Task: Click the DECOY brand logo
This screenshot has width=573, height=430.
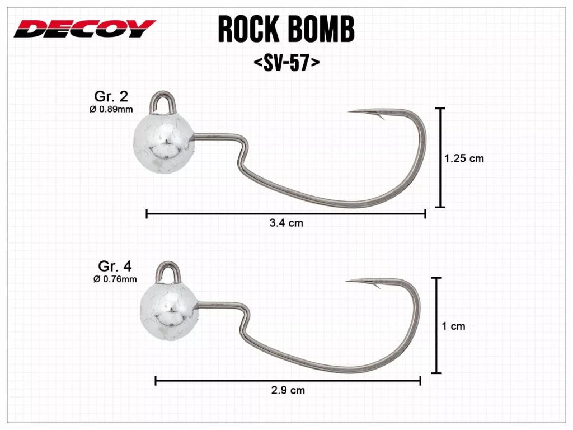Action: click(x=84, y=29)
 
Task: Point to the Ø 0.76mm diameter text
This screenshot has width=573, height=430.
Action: click(x=115, y=278)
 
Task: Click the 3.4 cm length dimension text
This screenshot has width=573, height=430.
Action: click(x=286, y=223)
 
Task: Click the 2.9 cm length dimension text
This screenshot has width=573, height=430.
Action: click(x=288, y=390)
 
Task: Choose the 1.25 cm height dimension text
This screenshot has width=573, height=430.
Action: click(x=464, y=158)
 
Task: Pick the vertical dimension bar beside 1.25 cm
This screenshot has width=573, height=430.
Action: click(x=440, y=158)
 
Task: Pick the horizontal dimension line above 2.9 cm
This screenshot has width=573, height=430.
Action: click(x=288, y=381)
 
